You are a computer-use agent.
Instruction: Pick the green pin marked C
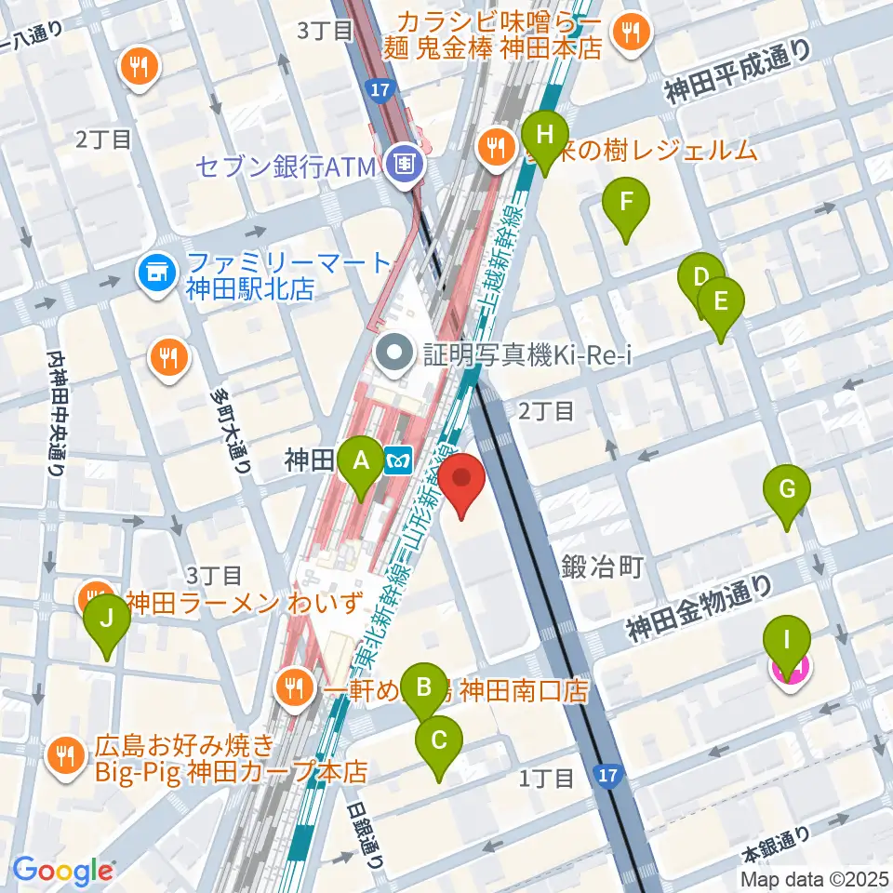pyautogui.click(x=439, y=741)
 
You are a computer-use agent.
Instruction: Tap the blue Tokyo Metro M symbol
pyautogui.click(x=397, y=460)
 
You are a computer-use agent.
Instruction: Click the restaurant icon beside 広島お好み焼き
pyautogui.click(x=65, y=755)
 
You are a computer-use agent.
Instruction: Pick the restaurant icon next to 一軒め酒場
pyautogui.click(x=295, y=688)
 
